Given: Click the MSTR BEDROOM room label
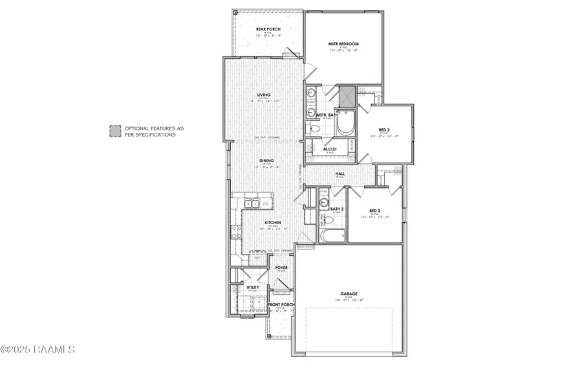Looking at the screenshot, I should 343,45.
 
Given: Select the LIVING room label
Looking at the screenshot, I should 263,95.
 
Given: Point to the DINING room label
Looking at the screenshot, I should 266,161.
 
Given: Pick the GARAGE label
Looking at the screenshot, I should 350,293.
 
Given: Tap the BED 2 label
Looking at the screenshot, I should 383,130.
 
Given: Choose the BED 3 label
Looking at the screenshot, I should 374,210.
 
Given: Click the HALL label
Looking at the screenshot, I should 339,173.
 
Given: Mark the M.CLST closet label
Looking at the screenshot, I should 330,149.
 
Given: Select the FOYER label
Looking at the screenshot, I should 281,266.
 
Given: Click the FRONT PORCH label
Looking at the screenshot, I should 281,304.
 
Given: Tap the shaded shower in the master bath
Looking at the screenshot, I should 347,95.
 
